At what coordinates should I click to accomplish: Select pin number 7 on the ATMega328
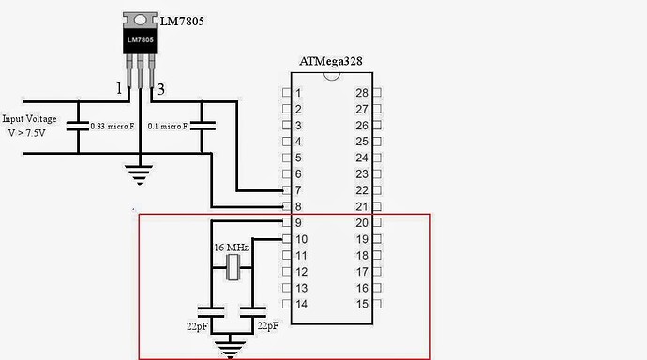(x=297, y=190)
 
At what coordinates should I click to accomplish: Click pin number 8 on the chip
(x=297, y=206)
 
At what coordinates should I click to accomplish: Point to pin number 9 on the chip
(x=297, y=222)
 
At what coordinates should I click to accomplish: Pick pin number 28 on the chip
(x=361, y=93)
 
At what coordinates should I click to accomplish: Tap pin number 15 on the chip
(x=361, y=304)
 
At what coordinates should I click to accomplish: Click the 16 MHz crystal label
(x=232, y=247)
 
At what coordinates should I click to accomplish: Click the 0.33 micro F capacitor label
(x=109, y=126)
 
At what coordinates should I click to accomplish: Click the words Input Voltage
(x=30, y=119)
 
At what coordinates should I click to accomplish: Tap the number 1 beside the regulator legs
(x=119, y=90)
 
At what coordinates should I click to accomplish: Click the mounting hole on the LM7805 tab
(x=140, y=20)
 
